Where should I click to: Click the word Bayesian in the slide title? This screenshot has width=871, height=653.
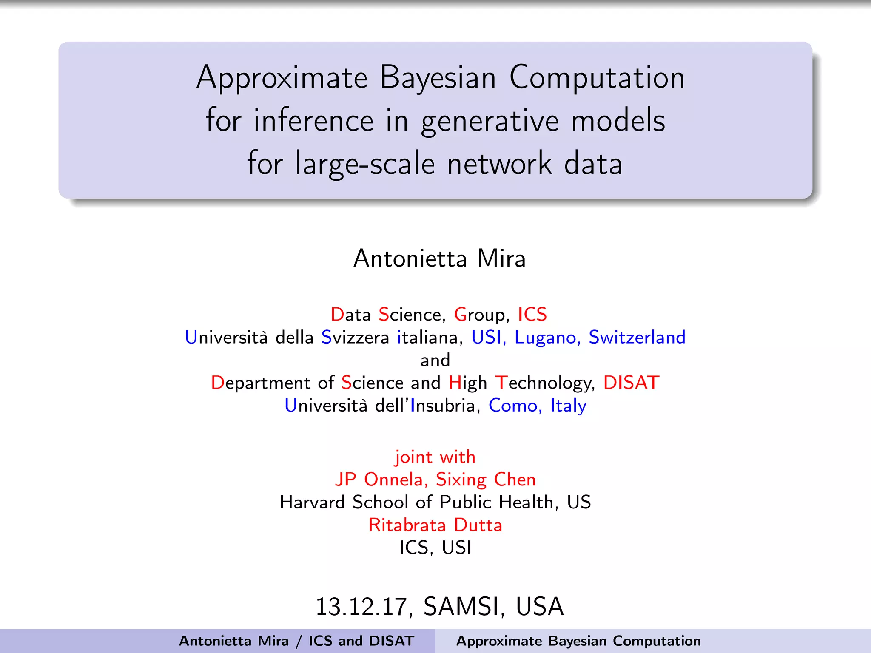[438, 78]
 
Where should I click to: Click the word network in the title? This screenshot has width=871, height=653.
[499, 164]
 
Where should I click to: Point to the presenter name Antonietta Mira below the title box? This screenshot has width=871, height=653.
[439, 258]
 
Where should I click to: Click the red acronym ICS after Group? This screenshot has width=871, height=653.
[532, 315]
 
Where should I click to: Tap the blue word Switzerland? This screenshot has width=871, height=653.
[637, 338]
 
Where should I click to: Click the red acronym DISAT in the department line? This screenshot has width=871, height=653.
[631, 383]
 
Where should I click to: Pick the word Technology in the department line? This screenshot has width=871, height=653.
[545, 383]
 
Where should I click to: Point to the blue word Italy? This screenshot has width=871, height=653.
[568, 406]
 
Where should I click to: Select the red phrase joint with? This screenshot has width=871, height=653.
[435, 457]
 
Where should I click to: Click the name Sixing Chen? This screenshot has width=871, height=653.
[486, 480]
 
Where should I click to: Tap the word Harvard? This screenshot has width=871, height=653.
[312, 503]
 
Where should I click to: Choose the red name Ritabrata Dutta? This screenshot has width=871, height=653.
[435, 525]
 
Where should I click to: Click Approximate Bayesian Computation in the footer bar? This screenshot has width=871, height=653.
[578, 641]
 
